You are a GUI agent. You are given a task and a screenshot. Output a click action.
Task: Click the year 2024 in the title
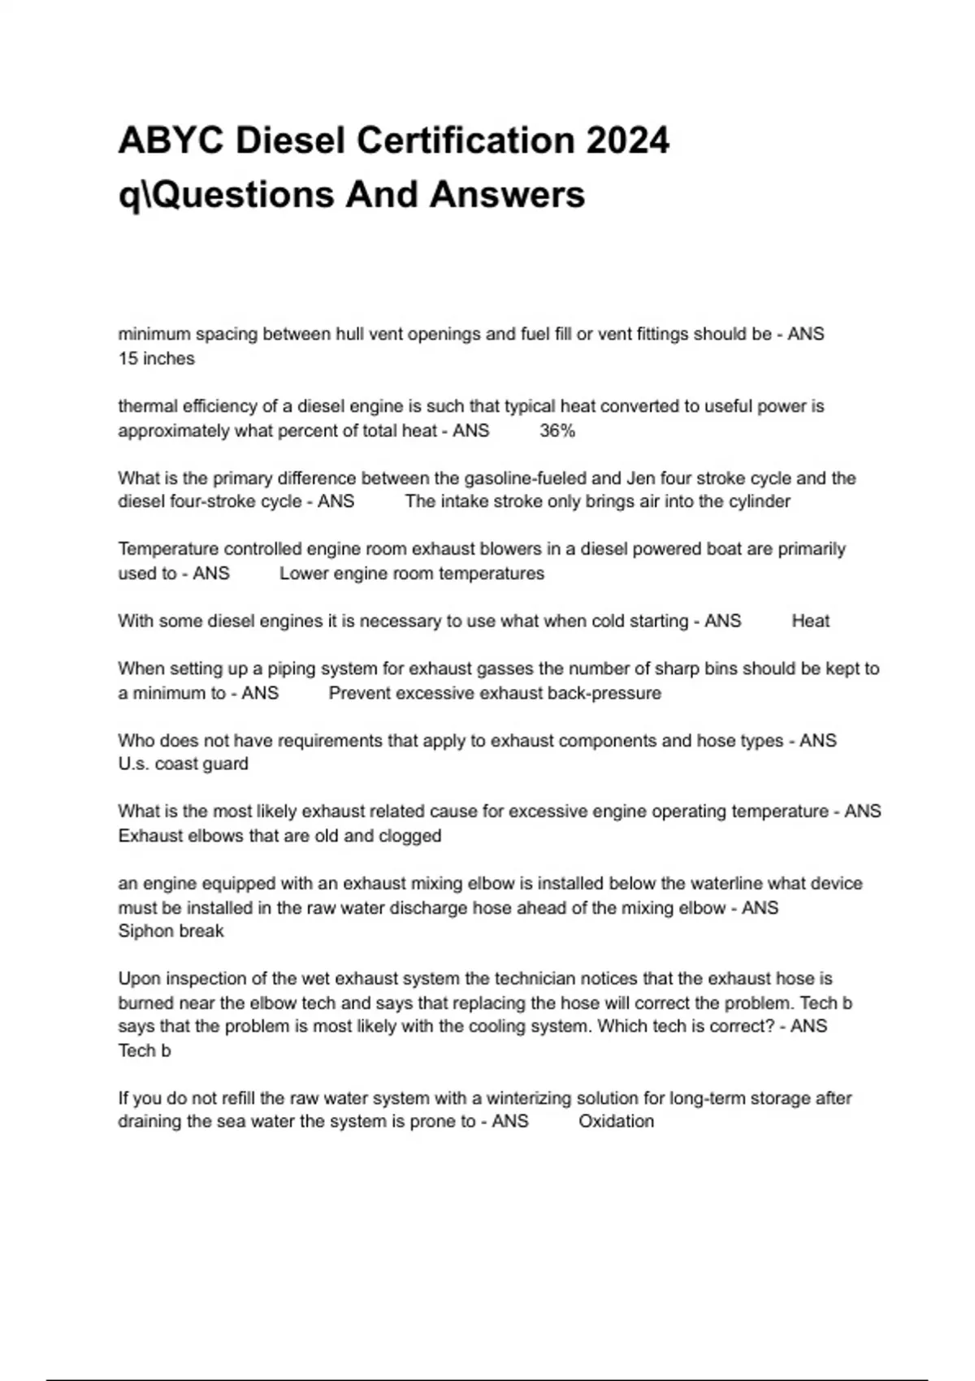tap(626, 141)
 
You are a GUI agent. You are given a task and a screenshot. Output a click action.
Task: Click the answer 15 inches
tap(156, 358)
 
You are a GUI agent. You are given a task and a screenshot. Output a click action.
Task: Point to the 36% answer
tap(557, 431)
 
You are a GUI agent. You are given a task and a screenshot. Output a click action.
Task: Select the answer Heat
tap(810, 621)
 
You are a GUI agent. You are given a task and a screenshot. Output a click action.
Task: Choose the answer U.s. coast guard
tap(183, 764)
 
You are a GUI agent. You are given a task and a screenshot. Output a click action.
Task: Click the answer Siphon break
tap(171, 931)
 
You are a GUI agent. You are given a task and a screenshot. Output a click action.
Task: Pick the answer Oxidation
tap(616, 1121)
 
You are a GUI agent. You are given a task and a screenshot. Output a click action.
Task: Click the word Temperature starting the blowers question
tap(167, 549)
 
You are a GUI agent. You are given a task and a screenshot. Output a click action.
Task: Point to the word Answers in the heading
tap(507, 195)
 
